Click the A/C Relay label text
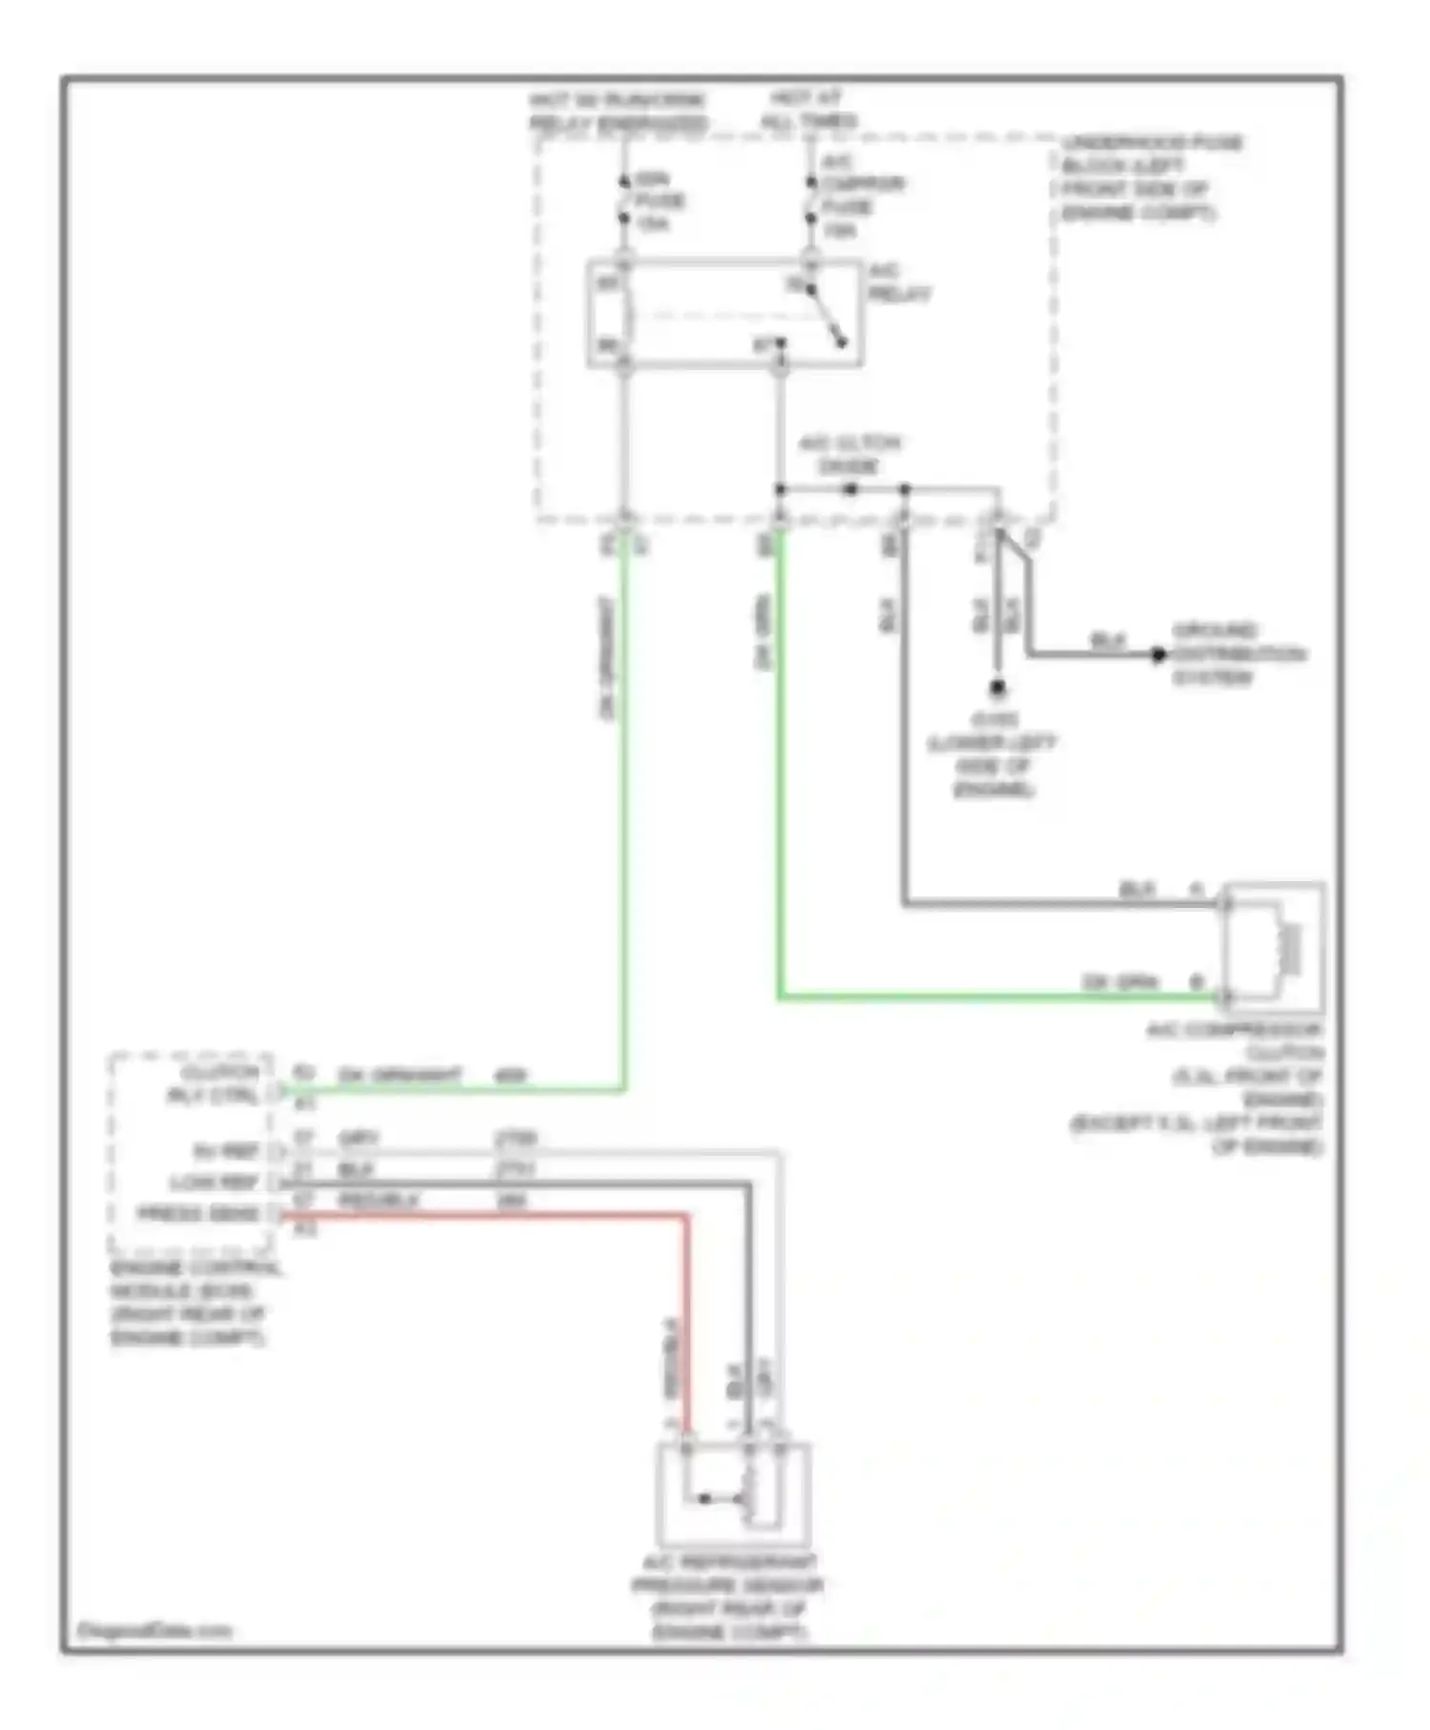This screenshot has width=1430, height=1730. click(898, 284)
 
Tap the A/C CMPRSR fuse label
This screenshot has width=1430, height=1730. click(860, 196)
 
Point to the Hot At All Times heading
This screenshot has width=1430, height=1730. click(807, 109)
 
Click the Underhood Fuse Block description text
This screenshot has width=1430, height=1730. click(1152, 177)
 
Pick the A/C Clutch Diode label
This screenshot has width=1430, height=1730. click(848, 455)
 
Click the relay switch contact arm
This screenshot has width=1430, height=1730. click(827, 316)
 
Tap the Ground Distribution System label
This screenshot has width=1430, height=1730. click(1236, 654)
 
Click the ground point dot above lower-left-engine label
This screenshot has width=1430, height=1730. click(997, 686)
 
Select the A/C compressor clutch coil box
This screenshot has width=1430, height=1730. click(1274, 947)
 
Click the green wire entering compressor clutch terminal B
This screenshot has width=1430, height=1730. click(1001, 997)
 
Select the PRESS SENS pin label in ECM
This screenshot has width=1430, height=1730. click(197, 1214)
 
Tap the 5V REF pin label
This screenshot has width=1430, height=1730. click(226, 1151)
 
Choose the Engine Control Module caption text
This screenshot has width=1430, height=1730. click(195, 1303)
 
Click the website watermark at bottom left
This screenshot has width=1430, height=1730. click(154, 1630)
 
